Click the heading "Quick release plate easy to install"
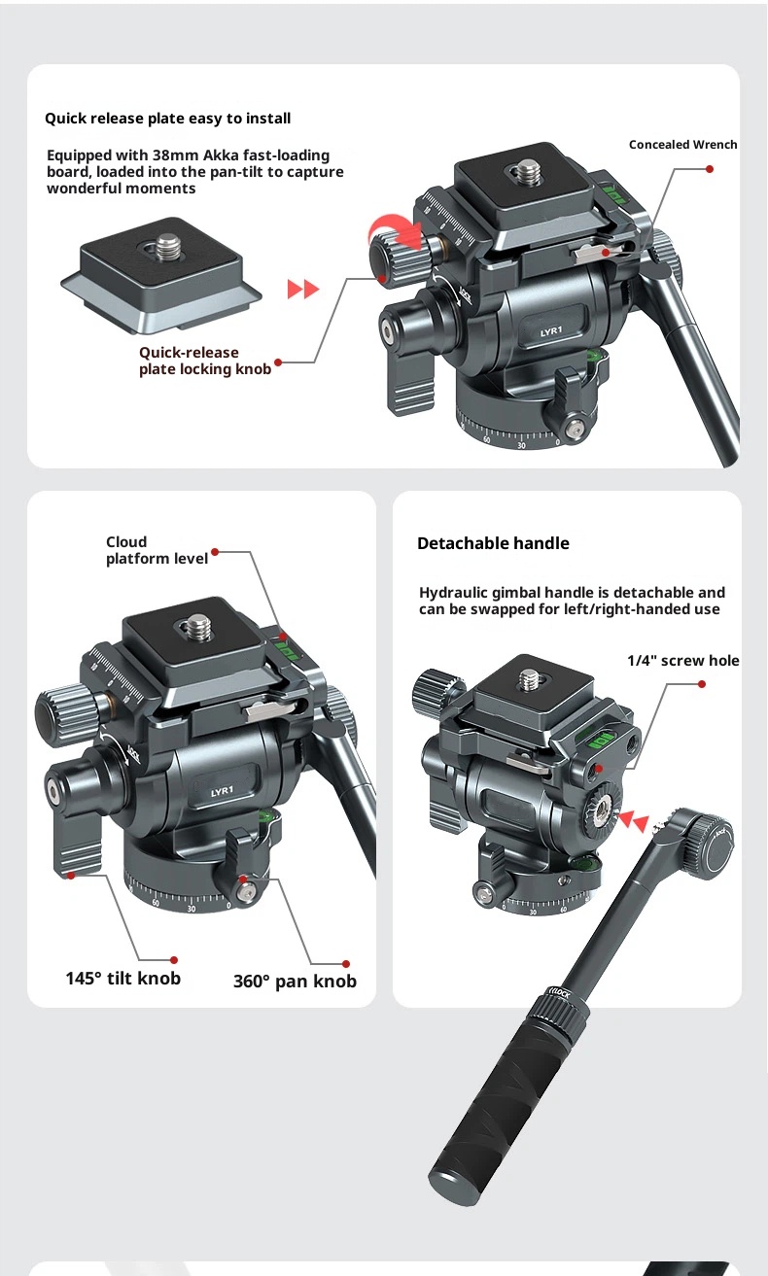click(167, 119)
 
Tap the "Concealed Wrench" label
click(682, 145)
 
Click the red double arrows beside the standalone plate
click(303, 289)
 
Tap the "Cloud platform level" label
click(157, 550)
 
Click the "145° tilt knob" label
click(122, 979)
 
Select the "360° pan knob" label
click(295, 982)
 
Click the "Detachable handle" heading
click(493, 543)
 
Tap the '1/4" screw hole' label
click(682, 661)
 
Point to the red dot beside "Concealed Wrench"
click(710, 169)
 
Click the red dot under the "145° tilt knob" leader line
click(174, 960)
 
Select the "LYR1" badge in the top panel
click(551, 331)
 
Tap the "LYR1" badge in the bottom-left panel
click(223, 791)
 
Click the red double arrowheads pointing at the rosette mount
click(634, 822)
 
